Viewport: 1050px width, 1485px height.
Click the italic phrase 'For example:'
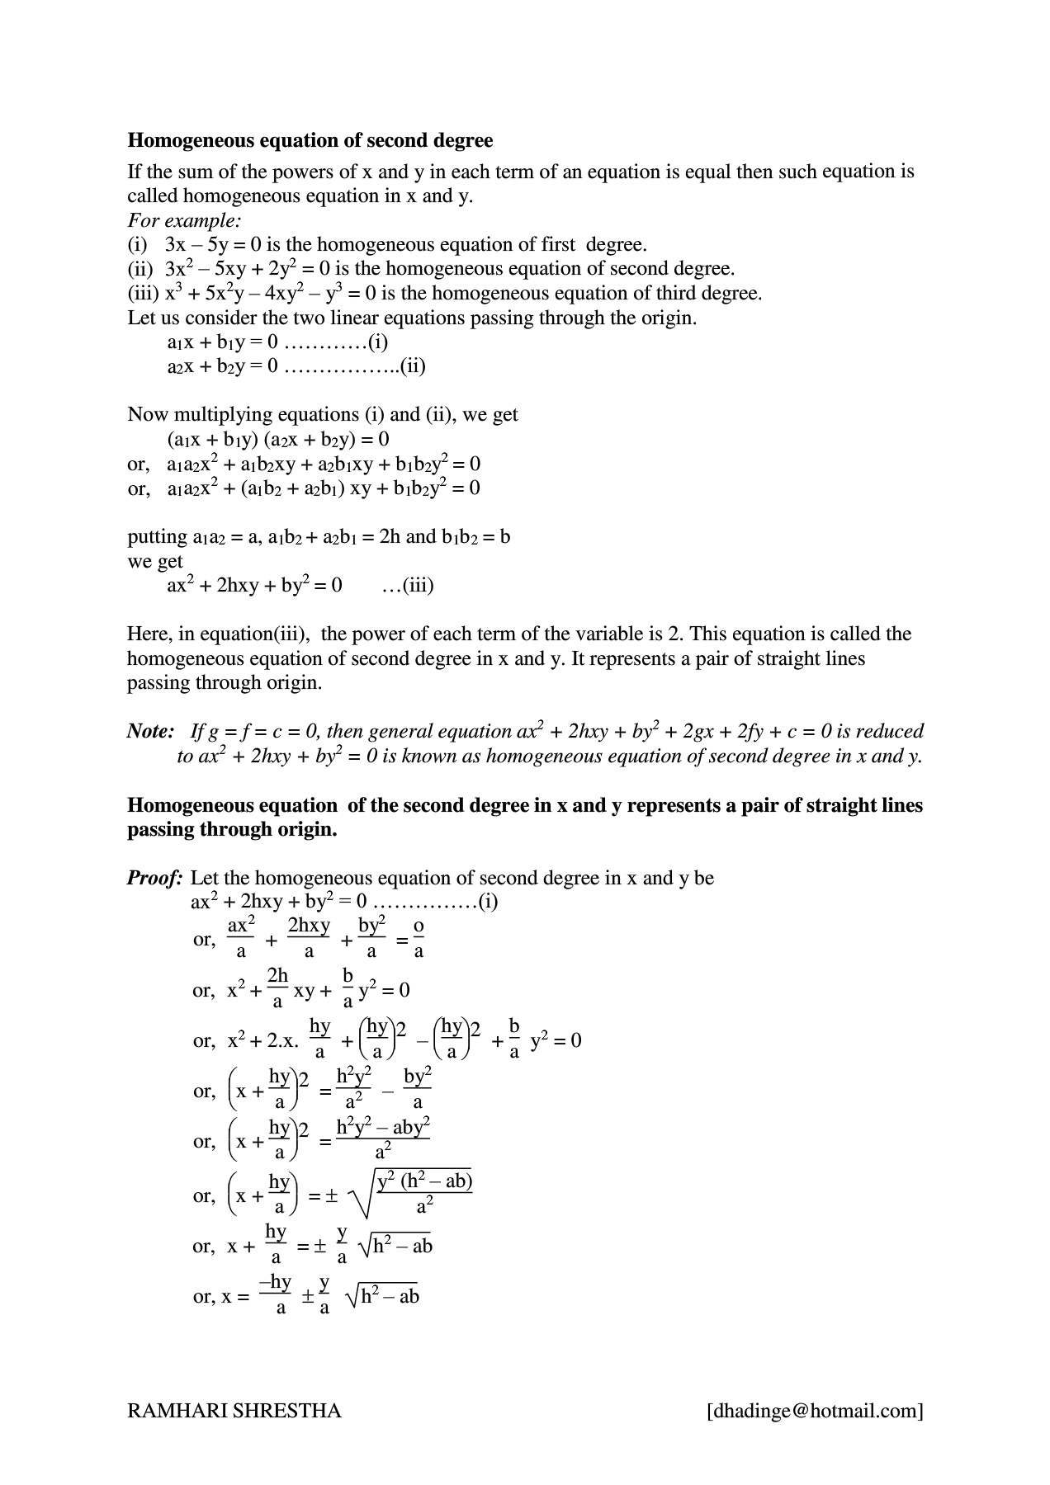(184, 220)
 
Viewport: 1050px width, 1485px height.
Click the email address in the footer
(815, 1411)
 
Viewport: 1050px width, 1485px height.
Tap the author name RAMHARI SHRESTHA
(234, 1411)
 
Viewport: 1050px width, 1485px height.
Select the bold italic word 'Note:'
(150, 732)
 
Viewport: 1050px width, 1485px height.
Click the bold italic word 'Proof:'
(154, 878)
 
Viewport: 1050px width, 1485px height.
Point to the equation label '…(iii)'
(408, 586)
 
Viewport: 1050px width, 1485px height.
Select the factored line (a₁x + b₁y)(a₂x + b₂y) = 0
(278, 439)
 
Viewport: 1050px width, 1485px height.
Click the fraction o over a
(419, 939)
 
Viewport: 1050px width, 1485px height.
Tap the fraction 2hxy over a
(309, 939)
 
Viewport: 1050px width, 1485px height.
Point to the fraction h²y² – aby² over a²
(383, 1139)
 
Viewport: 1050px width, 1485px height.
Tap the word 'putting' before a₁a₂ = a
(157, 537)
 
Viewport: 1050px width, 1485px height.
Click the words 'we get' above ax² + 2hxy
(155, 562)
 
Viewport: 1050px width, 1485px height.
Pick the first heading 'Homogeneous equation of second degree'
(310, 140)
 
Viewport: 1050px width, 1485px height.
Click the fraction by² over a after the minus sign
(418, 1089)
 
